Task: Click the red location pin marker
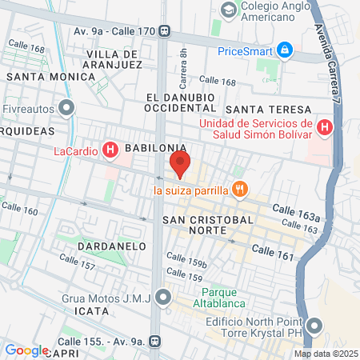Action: click(x=179, y=166)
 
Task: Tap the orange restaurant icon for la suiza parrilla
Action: click(x=238, y=190)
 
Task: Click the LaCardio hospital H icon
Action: click(x=111, y=150)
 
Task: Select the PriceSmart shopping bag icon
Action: click(x=284, y=50)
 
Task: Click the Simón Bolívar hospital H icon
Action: click(x=325, y=127)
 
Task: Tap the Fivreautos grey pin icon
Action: click(x=67, y=106)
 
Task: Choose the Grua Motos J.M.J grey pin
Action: click(x=164, y=298)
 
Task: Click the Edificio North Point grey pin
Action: click(x=314, y=326)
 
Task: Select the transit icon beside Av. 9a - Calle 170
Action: click(x=164, y=31)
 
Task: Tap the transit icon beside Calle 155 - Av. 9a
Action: click(x=154, y=341)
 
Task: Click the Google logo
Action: click(x=26, y=350)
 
